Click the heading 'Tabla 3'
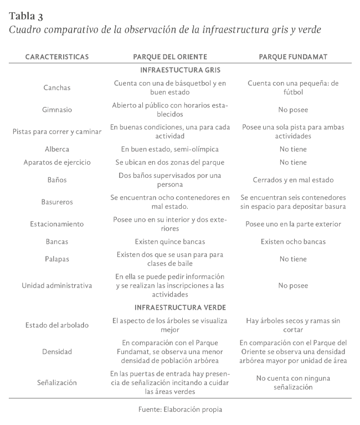(26, 16)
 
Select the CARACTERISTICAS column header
(57, 57)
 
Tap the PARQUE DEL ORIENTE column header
(170, 57)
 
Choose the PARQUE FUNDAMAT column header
(293, 57)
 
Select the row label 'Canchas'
(57, 88)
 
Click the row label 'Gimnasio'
(57, 110)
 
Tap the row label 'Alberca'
(57, 149)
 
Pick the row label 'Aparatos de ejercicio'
(57, 162)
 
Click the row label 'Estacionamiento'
(57, 224)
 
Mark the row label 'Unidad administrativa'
(57, 285)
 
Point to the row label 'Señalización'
(57, 382)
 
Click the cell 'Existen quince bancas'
(170, 242)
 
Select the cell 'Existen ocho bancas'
(293, 242)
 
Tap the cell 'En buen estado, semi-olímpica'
(170, 149)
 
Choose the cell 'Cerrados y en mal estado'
(293, 180)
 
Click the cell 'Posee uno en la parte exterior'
(293, 224)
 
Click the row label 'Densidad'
(57, 351)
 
